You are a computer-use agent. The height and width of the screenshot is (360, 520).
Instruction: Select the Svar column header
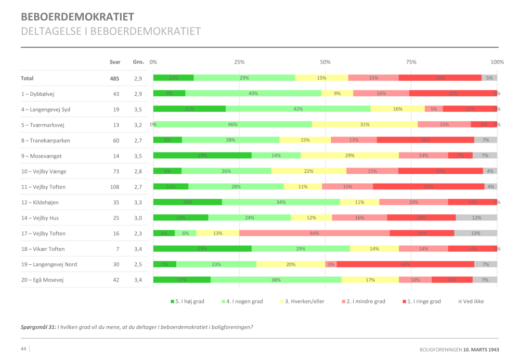click(x=115, y=62)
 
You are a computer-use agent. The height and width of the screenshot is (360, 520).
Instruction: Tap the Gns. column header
click(x=138, y=62)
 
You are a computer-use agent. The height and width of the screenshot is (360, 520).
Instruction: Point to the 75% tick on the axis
click(x=411, y=62)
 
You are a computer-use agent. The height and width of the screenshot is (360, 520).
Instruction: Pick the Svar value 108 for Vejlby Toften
click(x=114, y=187)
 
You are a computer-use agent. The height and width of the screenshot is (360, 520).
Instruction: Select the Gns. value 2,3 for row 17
click(x=138, y=234)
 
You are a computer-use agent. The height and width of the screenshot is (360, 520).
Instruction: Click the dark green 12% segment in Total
click(x=173, y=78)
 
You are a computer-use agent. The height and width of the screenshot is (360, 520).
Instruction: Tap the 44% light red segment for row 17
click(x=314, y=234)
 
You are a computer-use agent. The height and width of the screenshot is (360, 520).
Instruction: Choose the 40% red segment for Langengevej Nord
click(x=405, y=264)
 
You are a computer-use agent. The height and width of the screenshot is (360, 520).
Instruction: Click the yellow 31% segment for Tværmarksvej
click(x=365, y=125)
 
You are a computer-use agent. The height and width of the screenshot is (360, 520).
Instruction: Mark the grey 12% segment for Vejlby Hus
click(x=476, y=218)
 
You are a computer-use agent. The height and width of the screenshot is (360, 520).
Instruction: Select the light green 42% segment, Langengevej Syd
click(x=298, y=109)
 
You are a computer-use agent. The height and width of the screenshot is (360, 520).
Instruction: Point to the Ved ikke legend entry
click(x=472, y=301)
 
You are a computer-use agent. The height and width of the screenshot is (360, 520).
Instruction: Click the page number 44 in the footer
click(x=24, y=349)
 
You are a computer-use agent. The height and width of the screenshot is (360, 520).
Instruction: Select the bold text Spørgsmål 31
click(x=38, y=327)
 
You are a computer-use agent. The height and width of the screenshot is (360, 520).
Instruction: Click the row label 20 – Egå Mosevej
click(x=42, y=280)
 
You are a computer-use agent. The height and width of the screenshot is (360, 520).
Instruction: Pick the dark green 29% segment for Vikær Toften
click(x=202, y=249)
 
